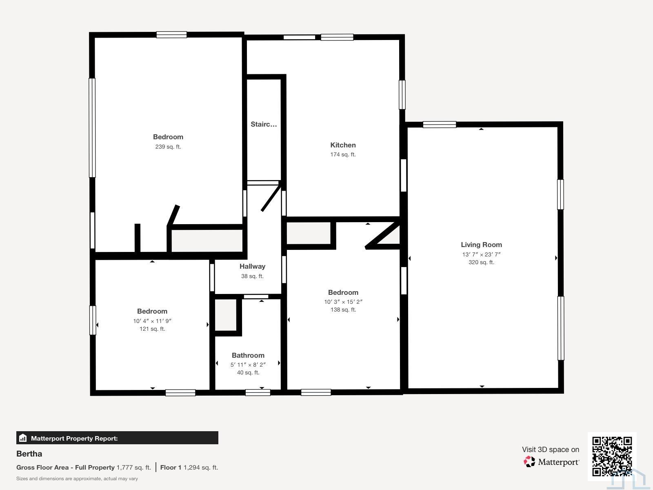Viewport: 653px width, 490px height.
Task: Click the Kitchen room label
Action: coord(343,145)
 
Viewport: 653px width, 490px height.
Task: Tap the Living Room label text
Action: coord(481,245)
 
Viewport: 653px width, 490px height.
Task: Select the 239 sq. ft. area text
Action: coord(168,147)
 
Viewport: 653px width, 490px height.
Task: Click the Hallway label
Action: coord(252,266)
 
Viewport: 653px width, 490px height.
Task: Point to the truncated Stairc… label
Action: coord(264,124)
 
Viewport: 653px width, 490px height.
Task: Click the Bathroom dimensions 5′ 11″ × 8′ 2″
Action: coord(248,364)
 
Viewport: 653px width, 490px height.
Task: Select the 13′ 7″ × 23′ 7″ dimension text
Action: coord(481,254)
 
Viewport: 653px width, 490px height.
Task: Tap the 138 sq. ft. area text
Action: coord(343,310)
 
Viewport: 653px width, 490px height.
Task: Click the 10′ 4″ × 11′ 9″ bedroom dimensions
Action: coord(152,321)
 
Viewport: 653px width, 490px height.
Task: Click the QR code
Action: coord(612,456)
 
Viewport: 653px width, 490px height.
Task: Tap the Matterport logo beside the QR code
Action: coord(551,462)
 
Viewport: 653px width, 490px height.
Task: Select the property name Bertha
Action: coord(29,454)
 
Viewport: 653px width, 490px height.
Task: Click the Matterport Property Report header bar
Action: coord(117,438)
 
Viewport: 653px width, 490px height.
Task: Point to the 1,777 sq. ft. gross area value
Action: coord(133,468)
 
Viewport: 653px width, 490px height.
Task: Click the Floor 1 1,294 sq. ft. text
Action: coord(189,468)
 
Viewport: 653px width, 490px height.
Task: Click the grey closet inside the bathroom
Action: coord(226,315)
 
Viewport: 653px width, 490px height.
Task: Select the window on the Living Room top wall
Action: coord(439,125)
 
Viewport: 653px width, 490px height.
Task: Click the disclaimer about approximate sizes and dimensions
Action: coord(77,479)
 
